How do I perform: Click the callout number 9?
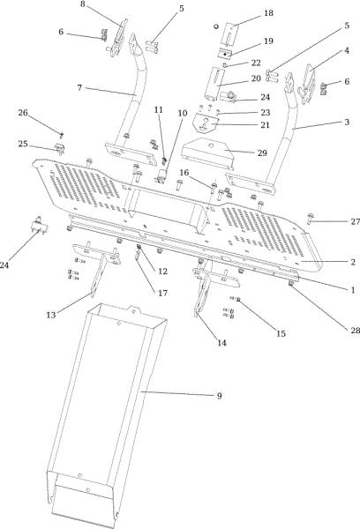coord(219,395)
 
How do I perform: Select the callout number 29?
coord(262,153)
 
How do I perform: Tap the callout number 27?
coord(355,221)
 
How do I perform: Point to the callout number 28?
coord(355,330)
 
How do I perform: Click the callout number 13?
coord(51,315)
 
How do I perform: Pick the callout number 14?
coord(221,343)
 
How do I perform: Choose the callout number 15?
coord(281,333)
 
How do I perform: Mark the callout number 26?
coord(23,113)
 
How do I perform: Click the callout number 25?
coord(23,144)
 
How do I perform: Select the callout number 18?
coord(268,13)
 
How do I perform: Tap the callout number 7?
coord(79,87)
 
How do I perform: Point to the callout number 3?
coord(347,122)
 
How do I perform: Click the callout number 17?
coord(162,293)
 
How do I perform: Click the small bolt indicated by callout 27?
coord(311,218)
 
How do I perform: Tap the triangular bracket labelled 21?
coord(206,124)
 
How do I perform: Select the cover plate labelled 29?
coord(207,153)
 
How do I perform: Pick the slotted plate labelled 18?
coord(231,34)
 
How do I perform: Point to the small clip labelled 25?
coord(60,148)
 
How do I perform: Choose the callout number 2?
coord(353,262)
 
